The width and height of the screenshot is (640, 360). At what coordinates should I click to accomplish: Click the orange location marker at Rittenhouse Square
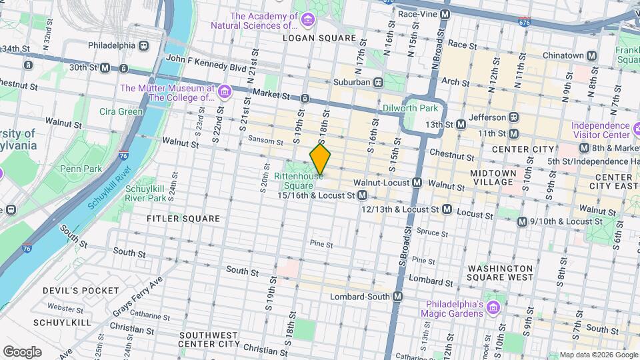coord(320,159)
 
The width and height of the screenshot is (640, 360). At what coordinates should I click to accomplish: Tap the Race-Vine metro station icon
coord(445,13)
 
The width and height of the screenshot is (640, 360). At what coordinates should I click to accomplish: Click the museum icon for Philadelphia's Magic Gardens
coord(493,308)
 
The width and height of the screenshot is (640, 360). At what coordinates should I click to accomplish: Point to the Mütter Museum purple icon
coord(224,91)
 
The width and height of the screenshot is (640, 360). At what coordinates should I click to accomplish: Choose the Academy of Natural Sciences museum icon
coord(307,19)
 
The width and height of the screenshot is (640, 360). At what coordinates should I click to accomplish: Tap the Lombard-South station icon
coord(398,296)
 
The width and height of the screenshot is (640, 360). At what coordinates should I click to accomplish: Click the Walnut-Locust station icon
coord(417,182)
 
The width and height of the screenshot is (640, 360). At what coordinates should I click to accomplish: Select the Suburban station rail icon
coord(379,82)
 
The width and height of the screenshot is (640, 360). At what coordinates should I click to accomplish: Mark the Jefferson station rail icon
coord(514,117)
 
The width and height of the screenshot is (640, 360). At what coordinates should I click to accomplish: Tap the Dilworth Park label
coord(410,107)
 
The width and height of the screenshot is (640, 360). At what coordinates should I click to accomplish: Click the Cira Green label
coord(121,111)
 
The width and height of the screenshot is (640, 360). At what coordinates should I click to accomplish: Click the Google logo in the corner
coord(22,351)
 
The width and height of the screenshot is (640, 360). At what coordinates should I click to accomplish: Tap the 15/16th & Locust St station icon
coord(363,195)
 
